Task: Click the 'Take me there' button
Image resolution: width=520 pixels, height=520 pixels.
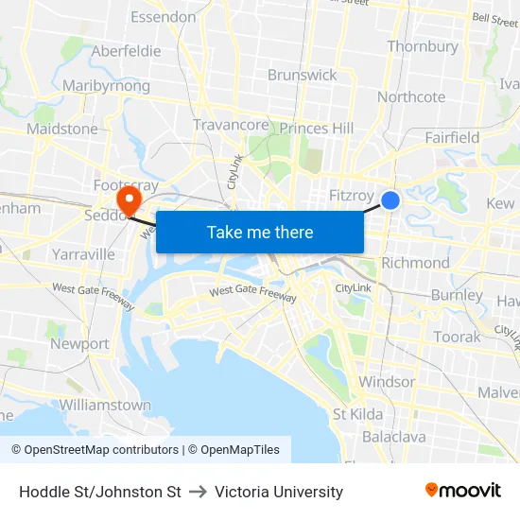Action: [x=260, y=232]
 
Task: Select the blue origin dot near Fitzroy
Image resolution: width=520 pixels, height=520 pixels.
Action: [x=390, y=200]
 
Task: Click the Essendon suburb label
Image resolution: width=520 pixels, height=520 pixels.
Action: [x=163, y=17]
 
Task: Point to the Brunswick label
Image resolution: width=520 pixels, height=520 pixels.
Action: [x=302, y=75]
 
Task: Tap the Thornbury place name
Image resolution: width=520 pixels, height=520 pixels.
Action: [x=423, y=46]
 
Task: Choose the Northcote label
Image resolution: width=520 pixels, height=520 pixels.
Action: [x=411, y=96]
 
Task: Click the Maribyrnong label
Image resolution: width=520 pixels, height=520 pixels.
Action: [x=106, y=86]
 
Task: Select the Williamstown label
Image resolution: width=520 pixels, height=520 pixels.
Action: [x=105, y=405]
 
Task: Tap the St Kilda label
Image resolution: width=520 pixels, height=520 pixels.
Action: [x=357, y=414]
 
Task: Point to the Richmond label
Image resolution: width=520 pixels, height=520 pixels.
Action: [x=415, y=263]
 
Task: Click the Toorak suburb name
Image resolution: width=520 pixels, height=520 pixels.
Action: [x=457, y=337]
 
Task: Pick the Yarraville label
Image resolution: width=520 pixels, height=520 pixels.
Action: [x=83, y=254]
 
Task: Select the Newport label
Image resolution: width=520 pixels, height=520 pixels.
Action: [x=79, y=344]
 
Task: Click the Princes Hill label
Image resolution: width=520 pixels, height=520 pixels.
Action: [x=317, y=129]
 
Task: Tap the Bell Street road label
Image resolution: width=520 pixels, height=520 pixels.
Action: [x=494, y=18]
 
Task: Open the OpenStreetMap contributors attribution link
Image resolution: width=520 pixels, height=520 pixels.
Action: [x=102, y=450]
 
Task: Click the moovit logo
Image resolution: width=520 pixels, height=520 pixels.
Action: [x=463, y=491]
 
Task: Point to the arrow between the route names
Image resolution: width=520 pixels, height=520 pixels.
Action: [x=198, y=492]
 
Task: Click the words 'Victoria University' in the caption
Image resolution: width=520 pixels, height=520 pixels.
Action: [x=279, y=492]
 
